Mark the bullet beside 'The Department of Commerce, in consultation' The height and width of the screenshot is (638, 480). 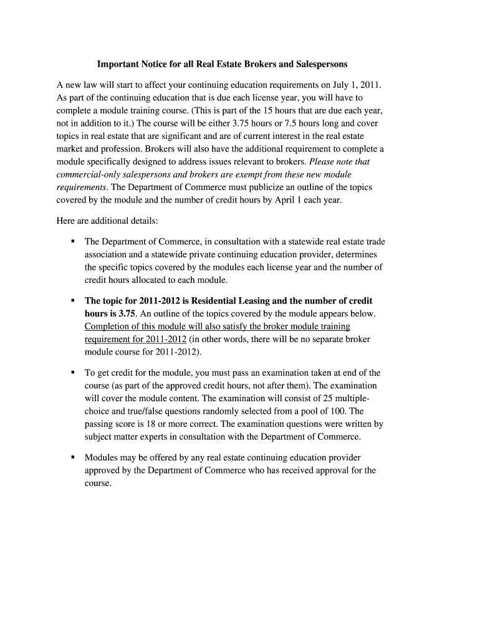pos(73,241)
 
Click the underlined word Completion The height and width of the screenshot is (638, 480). pos(107,326)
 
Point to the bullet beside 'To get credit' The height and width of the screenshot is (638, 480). pos(73,373)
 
